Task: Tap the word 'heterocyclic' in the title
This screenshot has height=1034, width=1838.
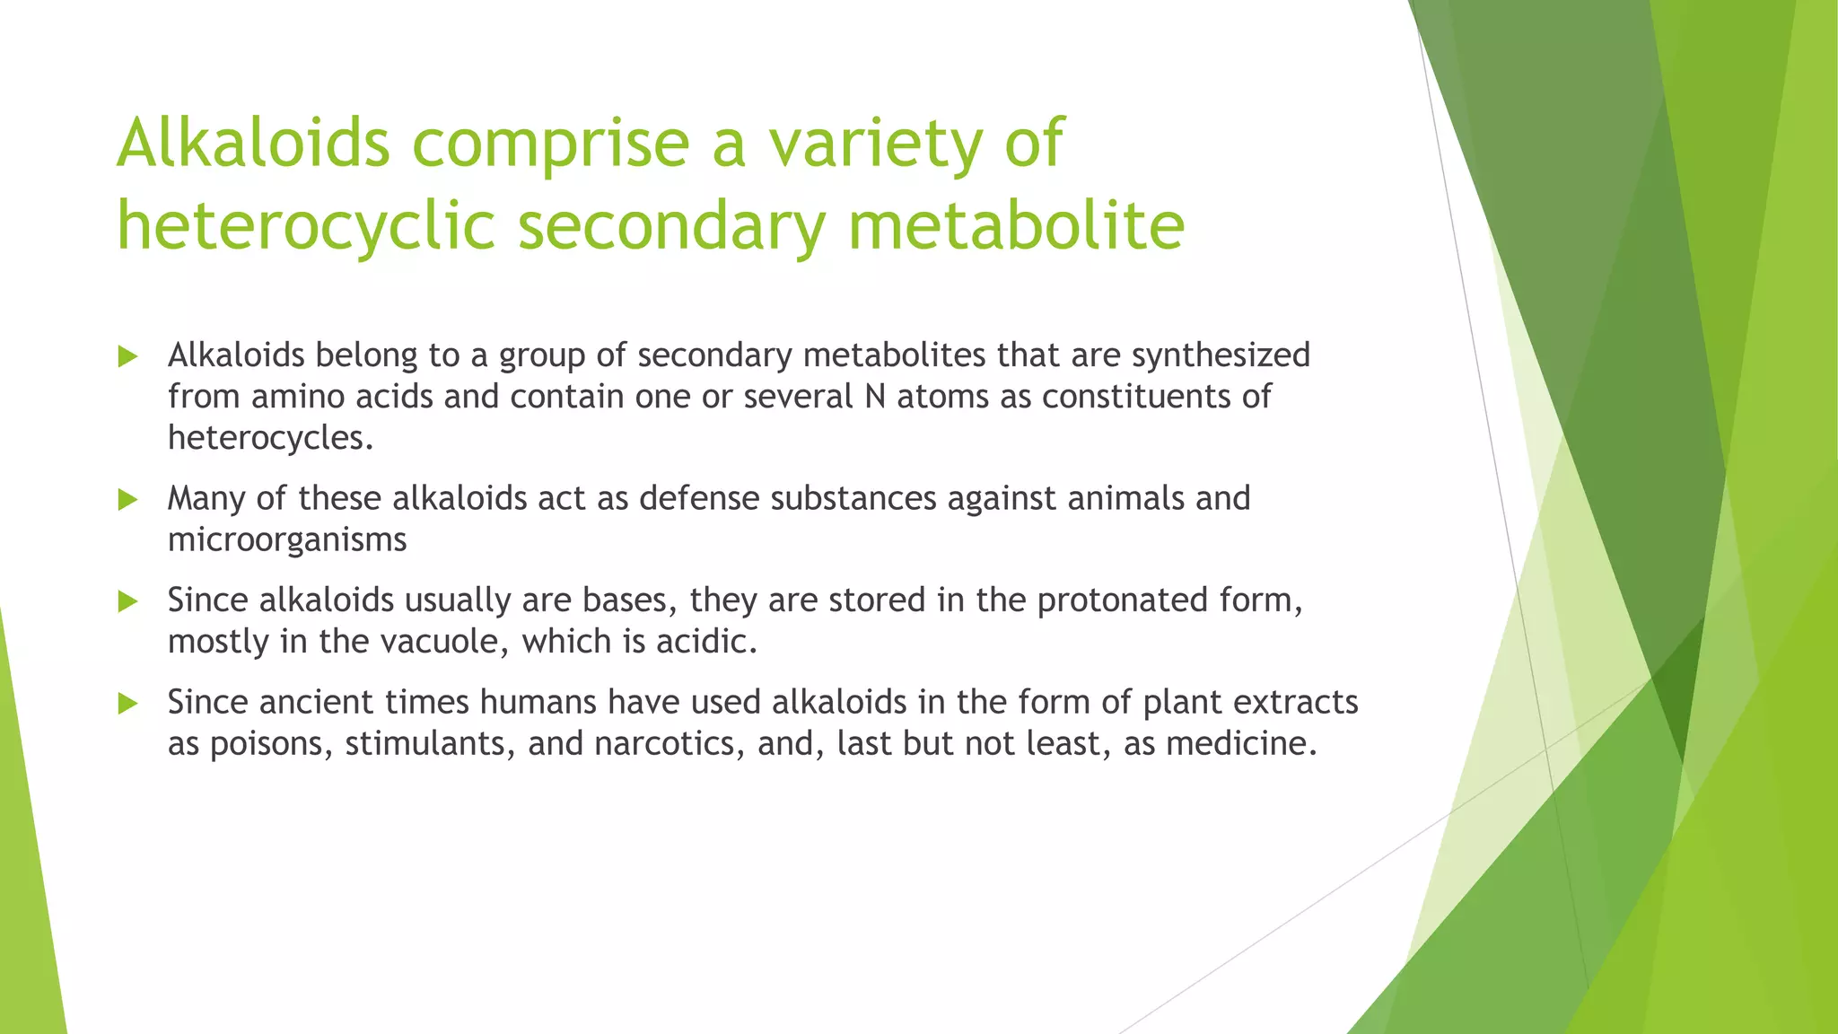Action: pyautogui.click(x=306, y=226)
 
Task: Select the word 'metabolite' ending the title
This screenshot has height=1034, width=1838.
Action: pyautogui.click(x=1016, y=226)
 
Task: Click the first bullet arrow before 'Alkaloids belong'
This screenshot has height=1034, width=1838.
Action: pyautogui.click(x=127, y=357)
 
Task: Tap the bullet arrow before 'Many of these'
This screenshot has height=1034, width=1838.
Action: pyautogui.click(x=127, y=500)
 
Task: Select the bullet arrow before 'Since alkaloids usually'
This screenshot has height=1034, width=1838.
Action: pyautogui.click(x=127, y=601)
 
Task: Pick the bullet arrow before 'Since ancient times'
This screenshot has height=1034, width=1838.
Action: pyautogui.click(x=127, y=704)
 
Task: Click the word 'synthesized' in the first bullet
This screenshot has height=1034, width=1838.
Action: pyautogui.click(x=1221, y=356)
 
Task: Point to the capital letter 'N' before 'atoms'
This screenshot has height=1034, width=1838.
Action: pyautogui.click(x=875, y=397)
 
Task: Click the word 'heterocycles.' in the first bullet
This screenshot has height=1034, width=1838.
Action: pyautogui.click(x=270, y=439)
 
